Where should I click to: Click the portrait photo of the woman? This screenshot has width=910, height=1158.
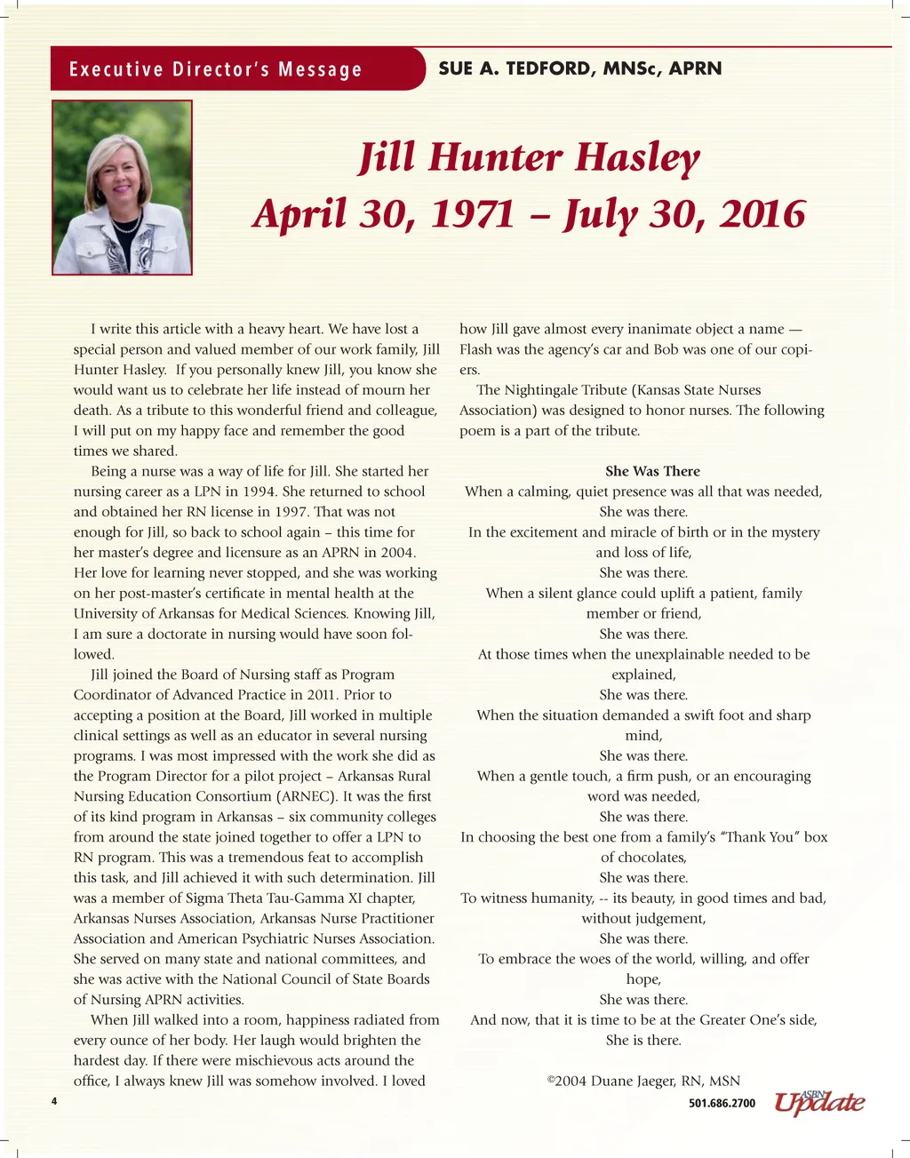point(122,188)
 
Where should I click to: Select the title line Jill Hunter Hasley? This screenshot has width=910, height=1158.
point(530,158)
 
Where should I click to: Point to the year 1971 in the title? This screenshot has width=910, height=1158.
point(473,214)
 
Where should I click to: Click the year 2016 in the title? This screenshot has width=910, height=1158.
point(762,214)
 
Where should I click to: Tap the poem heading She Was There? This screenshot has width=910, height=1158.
point(652,471)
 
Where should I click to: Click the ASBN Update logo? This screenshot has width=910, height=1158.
point(818,1102)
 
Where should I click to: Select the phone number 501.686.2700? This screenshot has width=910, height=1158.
point(722,1104)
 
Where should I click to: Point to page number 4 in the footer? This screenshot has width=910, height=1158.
point(54,1102)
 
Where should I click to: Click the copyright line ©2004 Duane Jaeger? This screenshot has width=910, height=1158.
point(643,1081)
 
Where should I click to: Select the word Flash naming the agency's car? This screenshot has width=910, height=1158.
point(477,349)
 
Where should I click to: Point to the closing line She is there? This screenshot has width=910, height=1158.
point(643,1040)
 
